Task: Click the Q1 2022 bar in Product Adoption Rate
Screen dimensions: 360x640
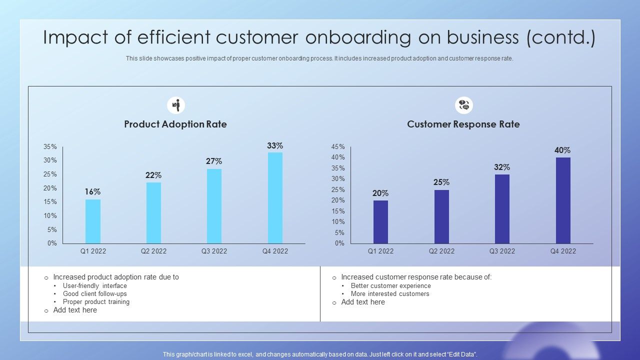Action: pos(93,221)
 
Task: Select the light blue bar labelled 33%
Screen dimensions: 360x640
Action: pos(275,198)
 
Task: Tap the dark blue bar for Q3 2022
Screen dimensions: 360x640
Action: pos(502,209)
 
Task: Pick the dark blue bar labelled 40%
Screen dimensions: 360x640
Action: pos(563,200)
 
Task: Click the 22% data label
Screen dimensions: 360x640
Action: pos(153,175)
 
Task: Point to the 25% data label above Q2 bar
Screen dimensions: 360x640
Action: pos(441,182)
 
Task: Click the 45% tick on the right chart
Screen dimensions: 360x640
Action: pos(338,147)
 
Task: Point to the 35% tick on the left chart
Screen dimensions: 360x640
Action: pos(50,147)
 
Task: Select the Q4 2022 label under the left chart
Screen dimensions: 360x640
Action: pos(275,251)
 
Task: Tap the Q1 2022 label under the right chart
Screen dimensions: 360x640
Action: pos(380,251)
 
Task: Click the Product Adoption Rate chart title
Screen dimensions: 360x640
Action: pos(175,124)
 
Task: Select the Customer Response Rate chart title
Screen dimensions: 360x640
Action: pos(463,124)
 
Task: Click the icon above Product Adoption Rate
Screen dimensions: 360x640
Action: pos(176,105)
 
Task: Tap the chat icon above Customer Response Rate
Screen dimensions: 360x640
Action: pos(463,105)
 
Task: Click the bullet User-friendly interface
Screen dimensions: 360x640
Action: pos(94,286)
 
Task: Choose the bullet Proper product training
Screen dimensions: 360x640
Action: pos(96,302)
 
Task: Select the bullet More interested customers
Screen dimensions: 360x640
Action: pos(390,294)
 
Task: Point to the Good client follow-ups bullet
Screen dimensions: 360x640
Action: pos(94,294)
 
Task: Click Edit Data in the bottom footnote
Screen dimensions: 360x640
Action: pos(461,354)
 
